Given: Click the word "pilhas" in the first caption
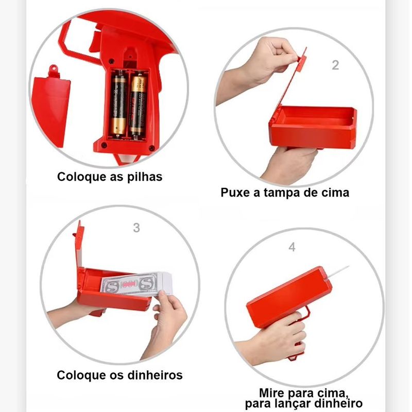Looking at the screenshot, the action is (145, 177).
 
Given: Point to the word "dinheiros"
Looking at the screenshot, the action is (155, 375).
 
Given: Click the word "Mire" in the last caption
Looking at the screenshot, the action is (272, 393).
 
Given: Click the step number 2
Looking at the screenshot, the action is (335, 65).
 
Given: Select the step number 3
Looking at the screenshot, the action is (136, 228).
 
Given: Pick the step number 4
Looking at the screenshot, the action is (292, 247).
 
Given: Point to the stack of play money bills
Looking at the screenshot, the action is (136, 284).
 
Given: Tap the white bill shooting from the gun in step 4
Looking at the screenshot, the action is (338, 272).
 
